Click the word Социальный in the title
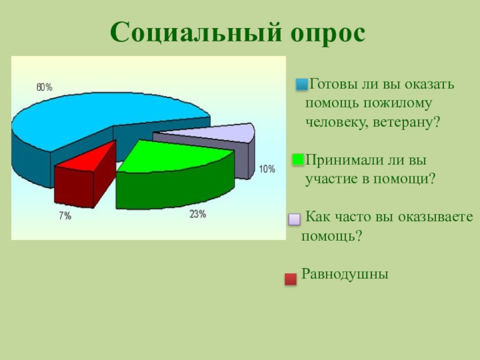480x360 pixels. pyautogui.click(x=196, y=33)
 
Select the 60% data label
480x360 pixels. pyautogui.click(x=44, y=87)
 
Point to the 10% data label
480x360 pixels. pyautogui.click(x=267, y=169)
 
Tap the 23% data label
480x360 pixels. pyautogui.click(x=198, y=214)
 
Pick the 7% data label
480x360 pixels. pyautogui.click(x=65, y=216)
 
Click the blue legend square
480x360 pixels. pyautogui.click(x=302, y=84)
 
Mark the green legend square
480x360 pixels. pyautogui.click(x=298, y=160)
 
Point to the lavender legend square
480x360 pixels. pyautogui.click(x=294, y=219)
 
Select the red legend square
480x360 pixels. pyautogui.click(x=290, y=279)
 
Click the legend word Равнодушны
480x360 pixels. pyautogui.click(x=344, y=274)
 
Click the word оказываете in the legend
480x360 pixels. pyautogui.click(x=436, y=217)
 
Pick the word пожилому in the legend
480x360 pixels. pyautogui.click(x=397, y=103)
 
